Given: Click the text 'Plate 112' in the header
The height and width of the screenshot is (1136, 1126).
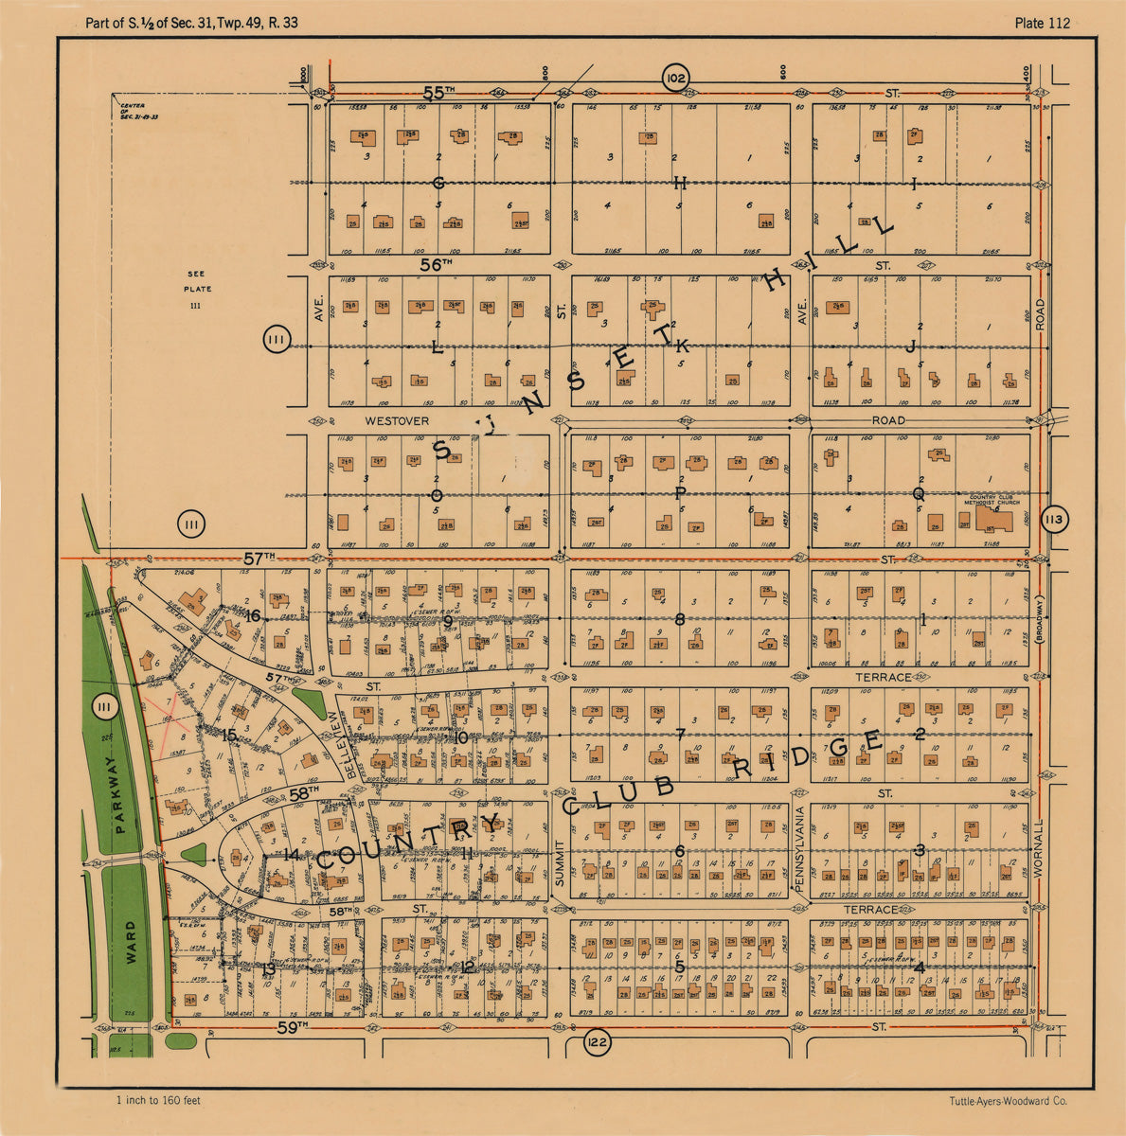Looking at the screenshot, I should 1042,23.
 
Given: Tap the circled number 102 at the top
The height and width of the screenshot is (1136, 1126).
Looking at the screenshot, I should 675,78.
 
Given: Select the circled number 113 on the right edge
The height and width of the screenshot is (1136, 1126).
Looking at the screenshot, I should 1053,520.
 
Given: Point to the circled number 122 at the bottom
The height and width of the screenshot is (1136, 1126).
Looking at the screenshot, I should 598,1043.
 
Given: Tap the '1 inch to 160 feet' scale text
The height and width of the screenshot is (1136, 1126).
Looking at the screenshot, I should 158,1100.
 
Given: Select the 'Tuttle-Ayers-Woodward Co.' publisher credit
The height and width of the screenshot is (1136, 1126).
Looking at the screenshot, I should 1008,1101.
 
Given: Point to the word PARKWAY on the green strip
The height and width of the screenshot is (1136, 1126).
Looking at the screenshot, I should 119,794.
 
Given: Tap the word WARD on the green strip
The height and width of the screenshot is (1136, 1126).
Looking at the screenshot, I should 131,941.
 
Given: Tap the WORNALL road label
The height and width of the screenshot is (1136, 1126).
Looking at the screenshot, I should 1039,850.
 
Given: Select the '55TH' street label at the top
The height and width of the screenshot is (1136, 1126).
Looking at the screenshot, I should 438,93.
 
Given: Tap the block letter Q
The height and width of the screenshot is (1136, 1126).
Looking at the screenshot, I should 918,493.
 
